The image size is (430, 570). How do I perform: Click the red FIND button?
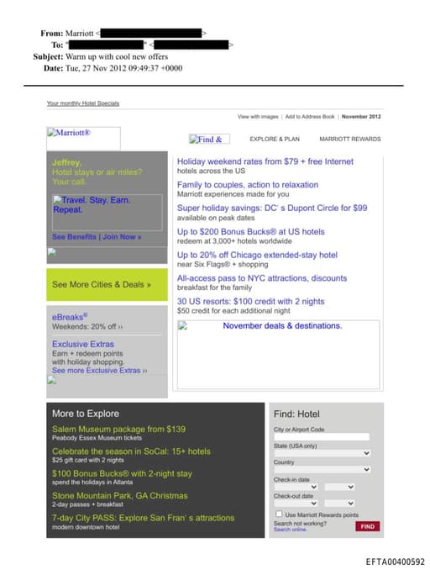point(367,526)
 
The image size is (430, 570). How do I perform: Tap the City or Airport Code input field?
point(321,437)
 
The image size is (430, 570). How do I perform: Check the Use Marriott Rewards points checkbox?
point(280,515)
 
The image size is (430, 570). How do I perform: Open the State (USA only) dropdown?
point(321,453)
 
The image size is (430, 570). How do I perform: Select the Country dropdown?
point(321,470)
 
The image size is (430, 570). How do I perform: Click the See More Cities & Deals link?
point(102,284)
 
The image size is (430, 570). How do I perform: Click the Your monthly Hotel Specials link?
point(82,103)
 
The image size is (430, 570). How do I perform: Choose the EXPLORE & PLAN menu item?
point(274,139)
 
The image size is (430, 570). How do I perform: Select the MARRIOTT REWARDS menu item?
point(349,139)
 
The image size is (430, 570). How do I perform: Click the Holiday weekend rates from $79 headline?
point(265,161)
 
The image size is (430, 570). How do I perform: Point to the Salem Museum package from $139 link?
point(118,429)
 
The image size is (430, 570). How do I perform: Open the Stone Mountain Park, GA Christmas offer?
point(119,496)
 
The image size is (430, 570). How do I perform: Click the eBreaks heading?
point(70,317)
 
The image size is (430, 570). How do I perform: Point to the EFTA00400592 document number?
point(395,562)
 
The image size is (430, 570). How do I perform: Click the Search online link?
point(290,530)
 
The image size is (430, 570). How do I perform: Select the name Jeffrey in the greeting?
point(66,162)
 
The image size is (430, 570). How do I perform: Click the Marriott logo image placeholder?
point(83,138)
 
